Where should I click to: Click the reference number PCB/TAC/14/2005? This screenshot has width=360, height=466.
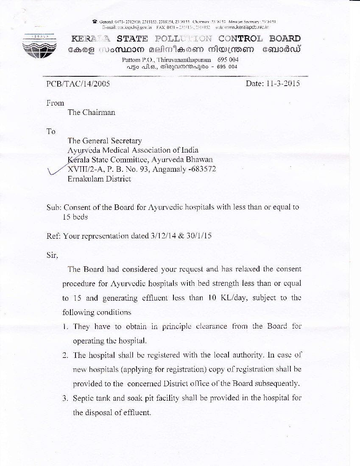pyautogui.click(x=78, y=84)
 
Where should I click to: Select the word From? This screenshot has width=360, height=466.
pyautogui.click(x=55, y=103)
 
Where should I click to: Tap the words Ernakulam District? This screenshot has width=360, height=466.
pyautogui.click(x=99, y=179)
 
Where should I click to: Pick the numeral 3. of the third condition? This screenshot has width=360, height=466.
pyautogui.click(x=66, y=398)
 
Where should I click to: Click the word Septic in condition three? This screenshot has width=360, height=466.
pyautogui.click(x=84, y=398)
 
